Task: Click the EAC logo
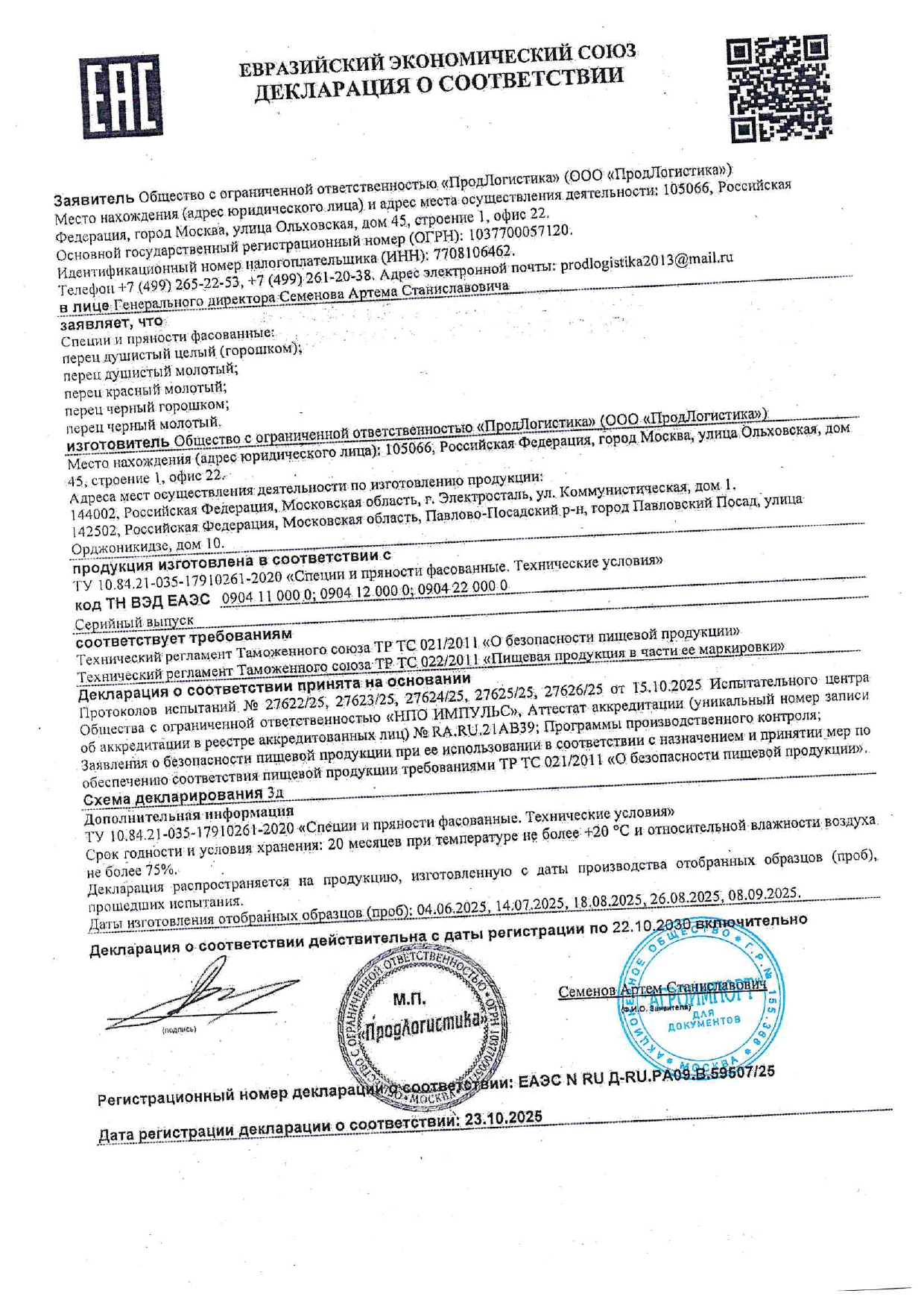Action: (121, 95)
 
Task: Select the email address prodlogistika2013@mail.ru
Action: (646, 260)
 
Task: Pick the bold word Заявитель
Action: (94, 200)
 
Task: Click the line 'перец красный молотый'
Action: (145, 388)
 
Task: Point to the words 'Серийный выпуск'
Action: (134, 621)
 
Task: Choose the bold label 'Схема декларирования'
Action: (173, 798)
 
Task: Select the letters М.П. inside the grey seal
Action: (408, 999)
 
